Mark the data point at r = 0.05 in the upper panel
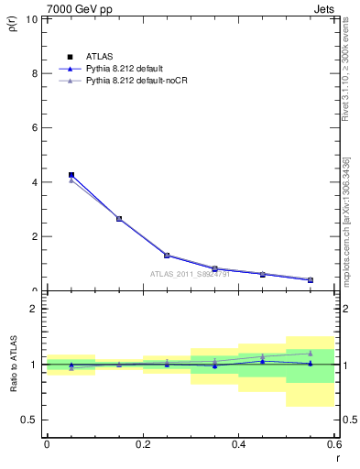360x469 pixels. pos(71,174)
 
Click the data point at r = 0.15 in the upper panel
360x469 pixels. pos(119,219)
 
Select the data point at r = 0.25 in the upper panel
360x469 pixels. pos(167,256)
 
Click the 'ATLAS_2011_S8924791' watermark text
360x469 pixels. pos(190,273)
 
